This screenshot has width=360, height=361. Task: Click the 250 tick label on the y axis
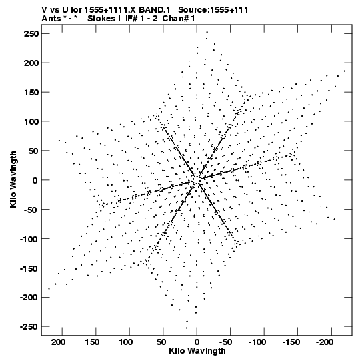(x=31, y=34)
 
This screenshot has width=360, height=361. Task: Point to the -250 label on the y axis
(x=29, y=327)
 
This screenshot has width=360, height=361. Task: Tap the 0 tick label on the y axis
(x=35, y=180)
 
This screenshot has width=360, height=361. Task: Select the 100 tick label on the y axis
(x=31, y=121)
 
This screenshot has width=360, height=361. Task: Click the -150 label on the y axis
(x=29, y=268)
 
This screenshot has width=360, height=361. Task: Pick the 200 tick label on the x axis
(x=58, y=342)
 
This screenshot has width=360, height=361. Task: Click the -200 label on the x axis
(x=325, y=342)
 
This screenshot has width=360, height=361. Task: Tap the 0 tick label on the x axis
(x=197, y=342)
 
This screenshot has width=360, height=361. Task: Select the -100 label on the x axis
(x=257, y=342)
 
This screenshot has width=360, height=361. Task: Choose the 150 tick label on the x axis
(x=92, y=342)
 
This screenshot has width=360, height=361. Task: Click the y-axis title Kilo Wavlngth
(x=13, y=179)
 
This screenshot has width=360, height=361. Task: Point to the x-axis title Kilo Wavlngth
(x=197, y=351)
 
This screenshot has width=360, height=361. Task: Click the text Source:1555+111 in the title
(x=213, y=10)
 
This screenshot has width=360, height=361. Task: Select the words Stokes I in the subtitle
(x=104, y=19)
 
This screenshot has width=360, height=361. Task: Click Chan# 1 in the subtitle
(x=179, y=19)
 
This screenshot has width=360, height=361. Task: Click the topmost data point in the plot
(x=207, y=32)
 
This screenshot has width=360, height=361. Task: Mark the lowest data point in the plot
(x=187, y=328)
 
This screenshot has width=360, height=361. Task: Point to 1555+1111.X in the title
(x=110, y=10)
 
